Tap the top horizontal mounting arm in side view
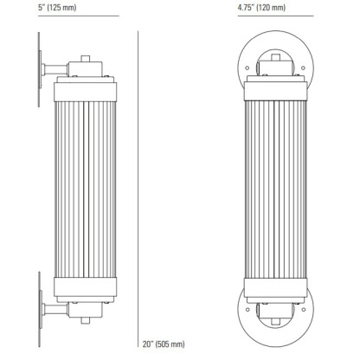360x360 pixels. click(52, 66)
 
